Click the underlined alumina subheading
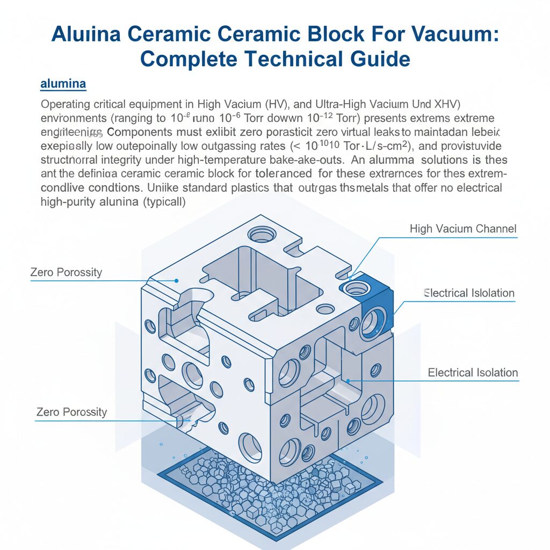tap(63, 84)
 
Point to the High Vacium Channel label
tap(462, 229)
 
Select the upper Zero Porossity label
tap(66, 272)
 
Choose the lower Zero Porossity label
tap(71, 412)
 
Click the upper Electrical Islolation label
tap(469, 293)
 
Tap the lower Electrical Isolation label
tap(473, 373)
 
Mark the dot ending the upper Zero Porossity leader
tap(177, 280)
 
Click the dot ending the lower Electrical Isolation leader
tap(349, 381)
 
